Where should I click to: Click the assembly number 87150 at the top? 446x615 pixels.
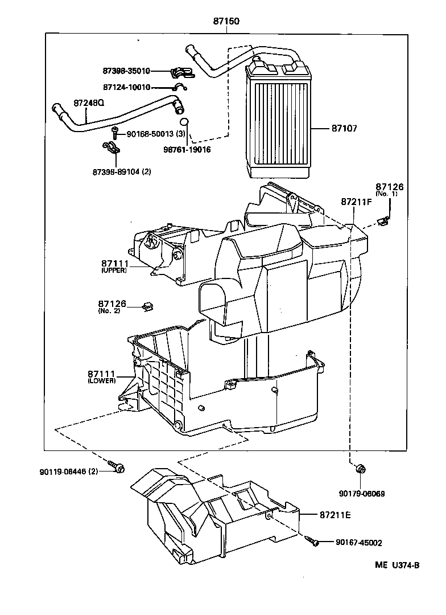(226, 22)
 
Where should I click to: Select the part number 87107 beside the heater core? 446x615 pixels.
(344, 129)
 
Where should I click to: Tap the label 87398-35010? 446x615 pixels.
(126, 71)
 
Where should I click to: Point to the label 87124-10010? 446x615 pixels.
(126, 87)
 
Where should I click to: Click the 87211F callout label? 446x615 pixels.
(356, 202)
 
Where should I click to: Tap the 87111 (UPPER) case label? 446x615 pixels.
(114, 265)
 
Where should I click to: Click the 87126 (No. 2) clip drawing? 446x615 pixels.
(148, 307)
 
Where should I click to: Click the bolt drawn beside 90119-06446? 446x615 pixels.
(119, 468)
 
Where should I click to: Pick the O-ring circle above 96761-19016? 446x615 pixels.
(184, 122)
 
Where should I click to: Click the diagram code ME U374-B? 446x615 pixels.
(397, 565)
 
